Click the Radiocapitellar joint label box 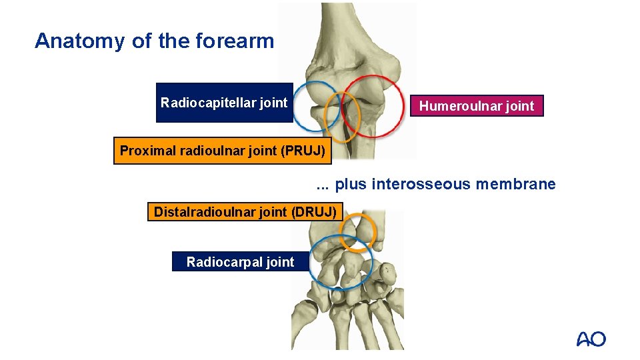[x=224, y=103]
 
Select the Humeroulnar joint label [x=477, y=106]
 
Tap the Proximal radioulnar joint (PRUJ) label [x=222, y=151]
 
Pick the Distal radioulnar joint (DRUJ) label [x=245, y=212]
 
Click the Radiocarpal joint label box [x=240, y=262]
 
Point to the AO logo [x=591, y=339]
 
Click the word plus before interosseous [x=351, y=184]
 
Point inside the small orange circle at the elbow [x=341, y=117]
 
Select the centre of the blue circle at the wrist [x=341, y=262]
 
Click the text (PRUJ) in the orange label [x=303, y=151]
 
